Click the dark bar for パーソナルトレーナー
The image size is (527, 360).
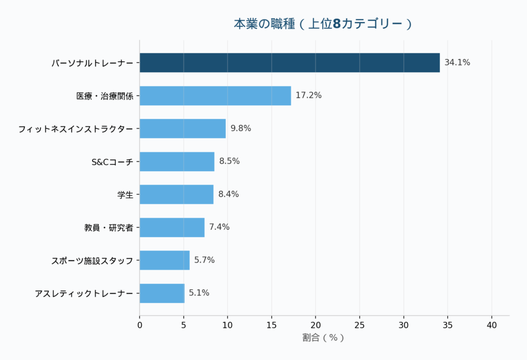[289, 63]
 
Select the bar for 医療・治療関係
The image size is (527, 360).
[215, 96]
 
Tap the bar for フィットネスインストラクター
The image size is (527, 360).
[183, 129]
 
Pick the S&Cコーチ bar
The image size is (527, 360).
[177, 161]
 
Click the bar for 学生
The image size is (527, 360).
[176, 194]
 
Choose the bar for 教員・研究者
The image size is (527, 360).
[172, 227]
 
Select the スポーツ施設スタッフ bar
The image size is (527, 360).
[164, 260]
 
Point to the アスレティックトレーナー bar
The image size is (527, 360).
[162, 293]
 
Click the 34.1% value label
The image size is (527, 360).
[457, 63]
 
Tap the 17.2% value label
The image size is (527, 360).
[308, 96]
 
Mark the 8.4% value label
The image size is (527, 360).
[229, 194]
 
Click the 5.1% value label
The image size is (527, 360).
[199, 293]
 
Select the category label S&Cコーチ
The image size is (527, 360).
[112, 161]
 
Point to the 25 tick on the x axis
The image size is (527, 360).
[360, 325]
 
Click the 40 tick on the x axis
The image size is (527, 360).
[491, 325]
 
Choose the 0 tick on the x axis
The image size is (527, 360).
[139, 325]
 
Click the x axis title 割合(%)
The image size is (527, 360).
[323, 338]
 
